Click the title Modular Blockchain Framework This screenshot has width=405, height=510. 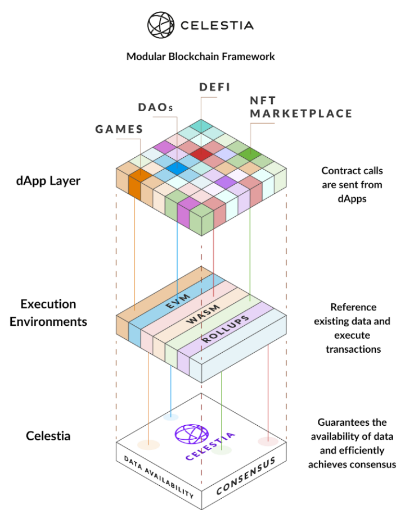(200, 57)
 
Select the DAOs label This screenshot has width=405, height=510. (155, 107)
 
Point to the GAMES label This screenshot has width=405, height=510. (119, 129)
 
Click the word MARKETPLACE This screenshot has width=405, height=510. (301, 113)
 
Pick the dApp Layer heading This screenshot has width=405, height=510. (48, 181)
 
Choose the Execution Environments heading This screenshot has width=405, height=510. (48, 313)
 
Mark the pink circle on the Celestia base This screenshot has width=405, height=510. (268, 441)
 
